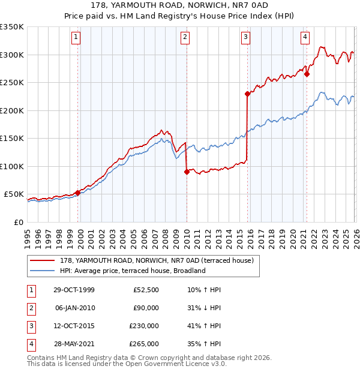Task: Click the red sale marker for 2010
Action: click(x=187, y=172)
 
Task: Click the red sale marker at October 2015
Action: click(x=247, y=94)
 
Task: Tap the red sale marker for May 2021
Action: click(x=307, y=74)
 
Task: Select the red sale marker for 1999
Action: click(x=78, y=193)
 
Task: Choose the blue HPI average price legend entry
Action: click(x=133, y=271)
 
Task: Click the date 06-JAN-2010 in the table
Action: click(x=74, y=308)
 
